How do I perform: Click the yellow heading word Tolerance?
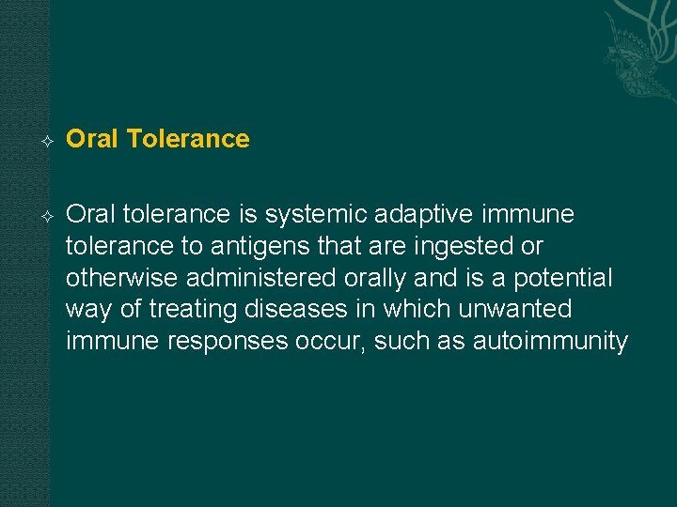[x=187, y=139]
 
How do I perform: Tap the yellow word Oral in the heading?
[x=92, y=139]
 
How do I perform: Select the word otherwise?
[x=122, y=278]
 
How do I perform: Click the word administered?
[x=260, y=278]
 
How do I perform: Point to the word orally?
[x=379, y=278]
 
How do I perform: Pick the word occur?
[x=331, y=341]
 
